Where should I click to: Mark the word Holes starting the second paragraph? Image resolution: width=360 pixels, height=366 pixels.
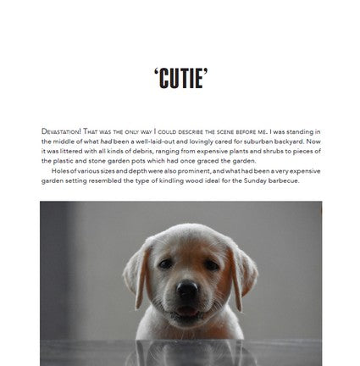(x=61, y=171)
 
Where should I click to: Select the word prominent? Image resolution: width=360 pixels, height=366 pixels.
(x=187, y=171)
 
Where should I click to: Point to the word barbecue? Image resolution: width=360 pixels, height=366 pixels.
(x=280, y=180)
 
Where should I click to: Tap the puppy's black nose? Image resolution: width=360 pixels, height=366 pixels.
(x=187, y=290)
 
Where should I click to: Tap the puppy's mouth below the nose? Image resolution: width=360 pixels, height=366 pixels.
(x=187, y=309)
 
